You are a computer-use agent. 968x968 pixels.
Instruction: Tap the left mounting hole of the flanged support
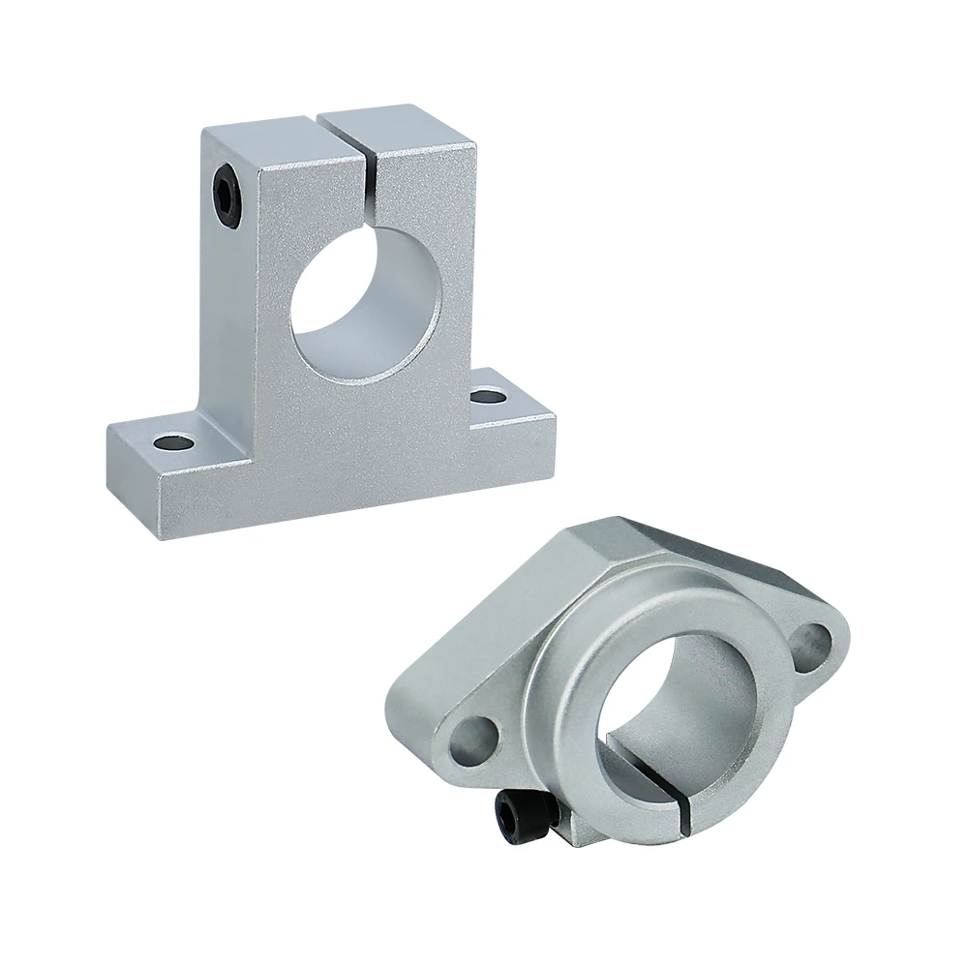click(475, 737)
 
